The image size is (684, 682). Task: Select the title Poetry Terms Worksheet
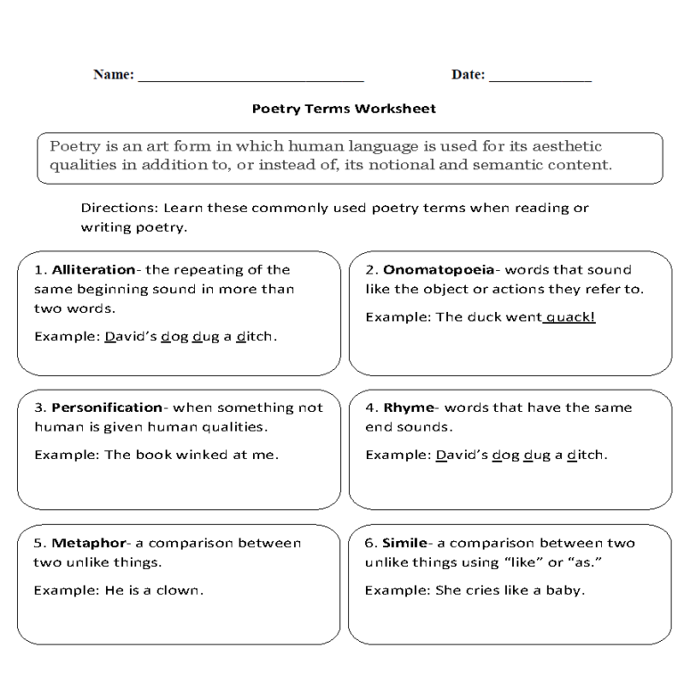(344, 110)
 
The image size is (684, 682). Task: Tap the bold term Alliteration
(93, 269)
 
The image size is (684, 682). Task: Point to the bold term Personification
(107, 407)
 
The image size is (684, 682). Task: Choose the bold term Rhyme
(408, 407)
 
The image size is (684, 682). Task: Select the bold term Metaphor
(87, 543)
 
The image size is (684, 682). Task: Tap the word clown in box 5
(181, 590)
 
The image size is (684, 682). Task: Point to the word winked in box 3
(199, 455)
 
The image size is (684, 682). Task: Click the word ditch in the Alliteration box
(256, 337)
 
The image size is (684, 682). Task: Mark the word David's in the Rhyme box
(461, 455)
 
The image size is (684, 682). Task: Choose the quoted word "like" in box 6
(520, 563)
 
